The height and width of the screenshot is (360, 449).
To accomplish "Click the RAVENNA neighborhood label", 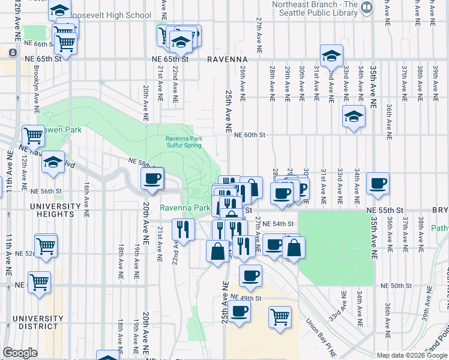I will point(228,60).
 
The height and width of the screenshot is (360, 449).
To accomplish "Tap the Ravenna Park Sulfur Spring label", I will point(184,142).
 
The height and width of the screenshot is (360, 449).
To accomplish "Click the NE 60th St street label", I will point(250,135).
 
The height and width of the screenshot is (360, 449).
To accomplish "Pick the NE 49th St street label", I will point(246,298).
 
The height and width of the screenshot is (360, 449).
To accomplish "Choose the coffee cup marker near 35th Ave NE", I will point(378,184).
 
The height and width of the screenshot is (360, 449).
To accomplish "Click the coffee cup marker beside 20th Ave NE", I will point(152,178).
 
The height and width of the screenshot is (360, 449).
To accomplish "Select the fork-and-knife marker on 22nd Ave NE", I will point(183,229).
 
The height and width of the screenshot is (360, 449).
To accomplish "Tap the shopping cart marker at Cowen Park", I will point(33,136).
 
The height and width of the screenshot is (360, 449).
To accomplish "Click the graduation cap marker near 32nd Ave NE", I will point(331,56).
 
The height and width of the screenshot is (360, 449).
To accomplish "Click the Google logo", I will point(20,353).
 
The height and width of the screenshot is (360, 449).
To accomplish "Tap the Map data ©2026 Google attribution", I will point(411,355).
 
